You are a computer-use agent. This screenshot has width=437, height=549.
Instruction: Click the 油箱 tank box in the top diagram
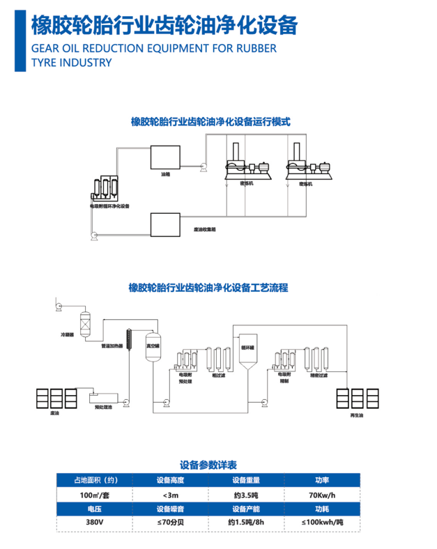point(165,157)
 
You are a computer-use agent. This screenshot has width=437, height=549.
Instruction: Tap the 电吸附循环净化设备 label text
point(109,207)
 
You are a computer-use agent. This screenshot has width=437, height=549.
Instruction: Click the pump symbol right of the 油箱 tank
point(201,165)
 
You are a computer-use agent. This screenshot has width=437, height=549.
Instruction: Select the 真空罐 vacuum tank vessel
point(152,347)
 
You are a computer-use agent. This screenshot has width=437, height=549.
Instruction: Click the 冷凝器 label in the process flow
point(67,335)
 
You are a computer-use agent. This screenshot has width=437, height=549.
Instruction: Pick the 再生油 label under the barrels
point(355,415)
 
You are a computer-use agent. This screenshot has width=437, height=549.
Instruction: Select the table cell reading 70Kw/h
point(321,495)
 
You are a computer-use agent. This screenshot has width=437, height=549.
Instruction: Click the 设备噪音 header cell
point(170,509)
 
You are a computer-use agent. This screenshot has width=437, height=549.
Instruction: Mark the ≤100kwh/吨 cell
point(321,522)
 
